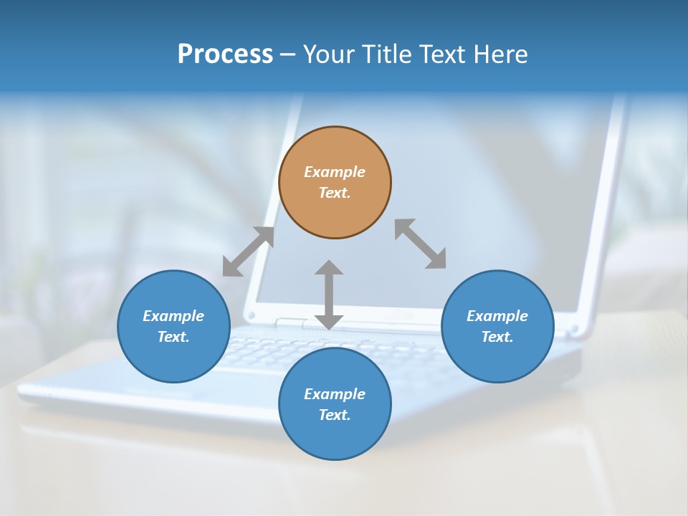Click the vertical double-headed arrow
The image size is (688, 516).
pyautogui.click(x=329, y=295)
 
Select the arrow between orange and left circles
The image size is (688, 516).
pyautogui.click(x=249, y=252)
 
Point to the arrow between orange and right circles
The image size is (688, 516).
pyautogui.click(x=420, y=244)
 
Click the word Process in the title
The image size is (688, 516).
pyautogui.click(x=225, y=54)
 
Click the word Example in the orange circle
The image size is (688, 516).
pyautogui.click(x=335, y=172)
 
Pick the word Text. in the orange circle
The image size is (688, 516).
pyautogui.click(x=335, y=193)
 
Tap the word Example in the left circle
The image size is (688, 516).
pyautogui.click(x=173, y=316)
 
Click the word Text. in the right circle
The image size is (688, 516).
pyautogui.click(x=497, y=337)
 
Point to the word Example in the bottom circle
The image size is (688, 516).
pyautogui.click(x=335, y=394)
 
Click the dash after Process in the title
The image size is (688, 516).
pyautogui.click(x=287, y=54)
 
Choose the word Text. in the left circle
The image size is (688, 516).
pyautogui.click(x=173, y=337)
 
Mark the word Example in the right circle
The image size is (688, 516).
pyautogui.click(x=497, y=316)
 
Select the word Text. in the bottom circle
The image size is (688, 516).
pyautogui.click(x=335, y=415)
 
